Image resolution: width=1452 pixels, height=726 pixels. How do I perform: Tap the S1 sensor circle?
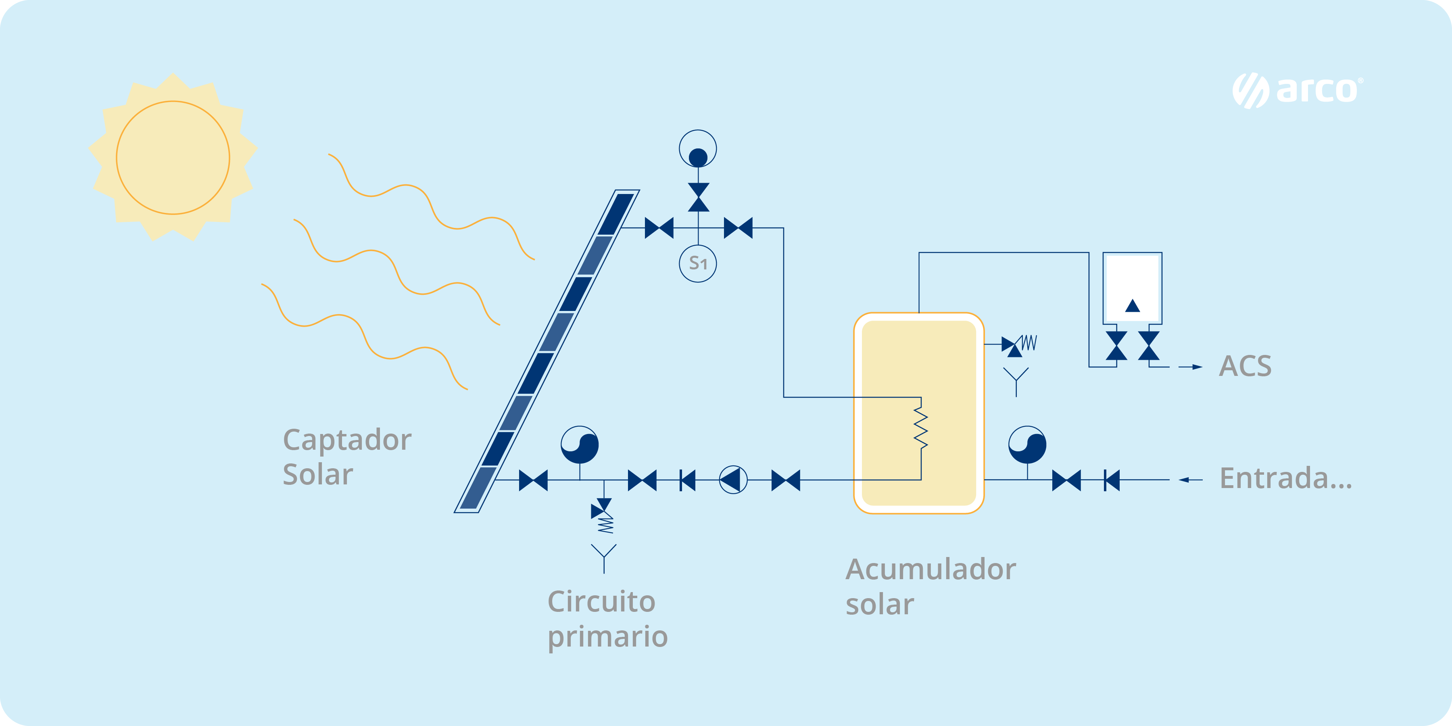(698, 263)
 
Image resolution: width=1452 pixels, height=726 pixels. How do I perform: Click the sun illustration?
(173, 157)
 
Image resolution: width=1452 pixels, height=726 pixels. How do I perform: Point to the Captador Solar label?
(346, 457)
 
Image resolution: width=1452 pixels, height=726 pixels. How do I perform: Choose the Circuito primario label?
(607, 619)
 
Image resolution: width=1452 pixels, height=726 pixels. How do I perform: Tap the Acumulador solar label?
(930, 586)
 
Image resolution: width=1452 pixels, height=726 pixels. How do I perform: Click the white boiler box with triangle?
(1133, 288)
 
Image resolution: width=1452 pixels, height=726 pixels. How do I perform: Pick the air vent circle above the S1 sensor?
(698, 149)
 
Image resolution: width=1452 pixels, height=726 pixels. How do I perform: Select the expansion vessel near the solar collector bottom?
(580, 444)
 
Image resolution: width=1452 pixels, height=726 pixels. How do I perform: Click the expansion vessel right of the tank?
(1027, 444)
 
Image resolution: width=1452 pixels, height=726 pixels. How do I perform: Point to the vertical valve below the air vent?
(699, 197)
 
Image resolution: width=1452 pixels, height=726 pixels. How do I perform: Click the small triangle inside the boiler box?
(1133, 306)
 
